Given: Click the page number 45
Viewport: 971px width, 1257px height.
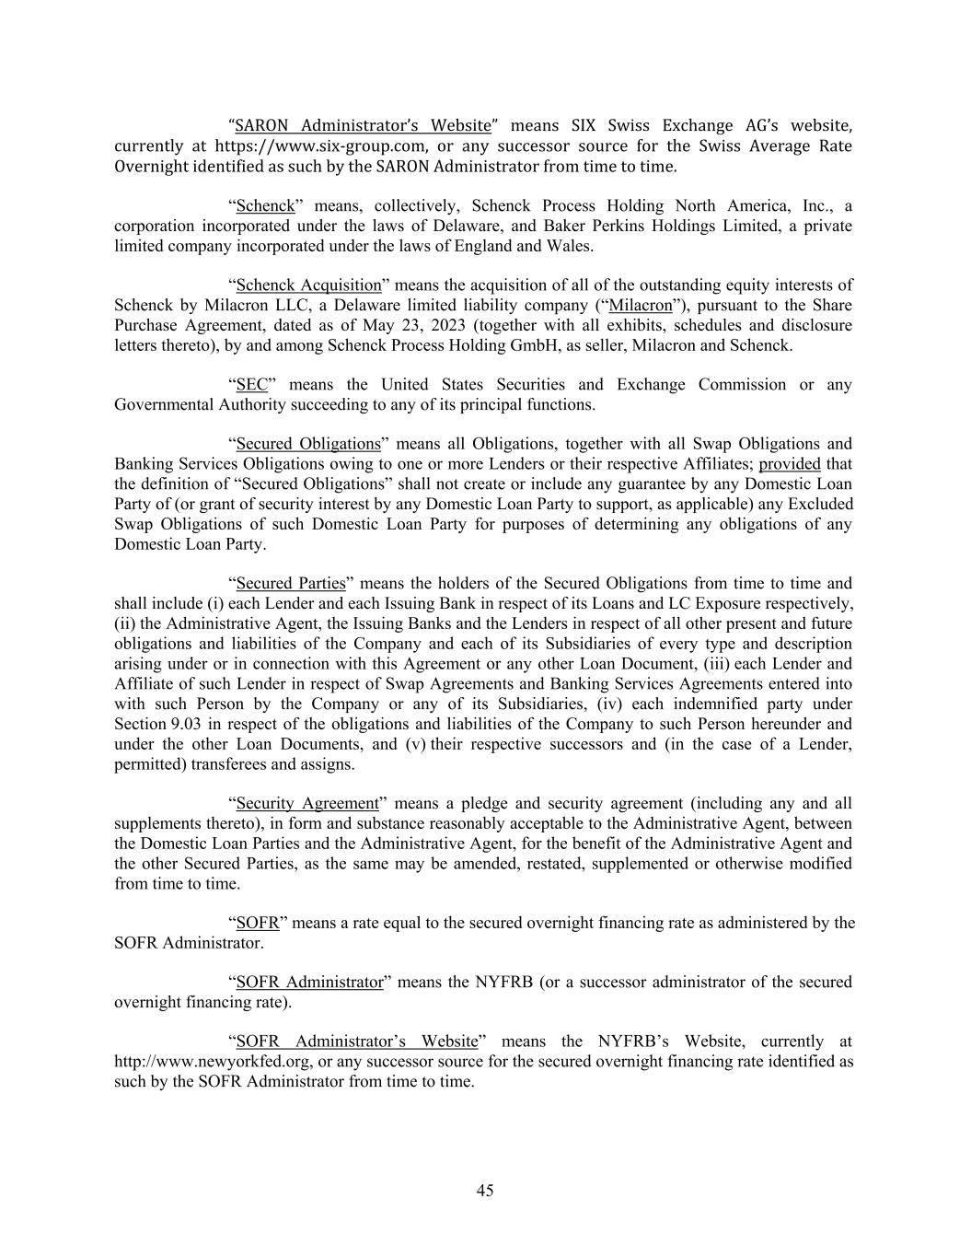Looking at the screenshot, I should tap(485, 1191).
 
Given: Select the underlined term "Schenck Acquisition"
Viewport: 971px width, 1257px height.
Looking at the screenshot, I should tap(308, 285).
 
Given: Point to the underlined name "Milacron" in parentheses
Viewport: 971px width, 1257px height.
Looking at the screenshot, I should tap(641, 306).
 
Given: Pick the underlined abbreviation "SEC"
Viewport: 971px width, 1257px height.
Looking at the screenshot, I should tap(251, 385).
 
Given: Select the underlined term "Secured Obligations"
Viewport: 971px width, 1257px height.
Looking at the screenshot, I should tap(308, 444).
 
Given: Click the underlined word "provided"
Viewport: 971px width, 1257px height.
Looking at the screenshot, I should tap(789, 464).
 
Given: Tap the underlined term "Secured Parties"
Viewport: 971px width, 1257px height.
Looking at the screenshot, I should tap(291, 584).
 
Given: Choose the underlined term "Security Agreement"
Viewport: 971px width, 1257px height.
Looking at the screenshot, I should tap(307, 803).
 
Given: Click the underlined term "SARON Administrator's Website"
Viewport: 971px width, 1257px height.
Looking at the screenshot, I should tap(363, 126).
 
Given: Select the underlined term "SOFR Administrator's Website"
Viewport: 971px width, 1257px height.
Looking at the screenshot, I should tap(357, 1042).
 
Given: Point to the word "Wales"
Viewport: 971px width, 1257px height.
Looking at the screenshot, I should tap(571, 247).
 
